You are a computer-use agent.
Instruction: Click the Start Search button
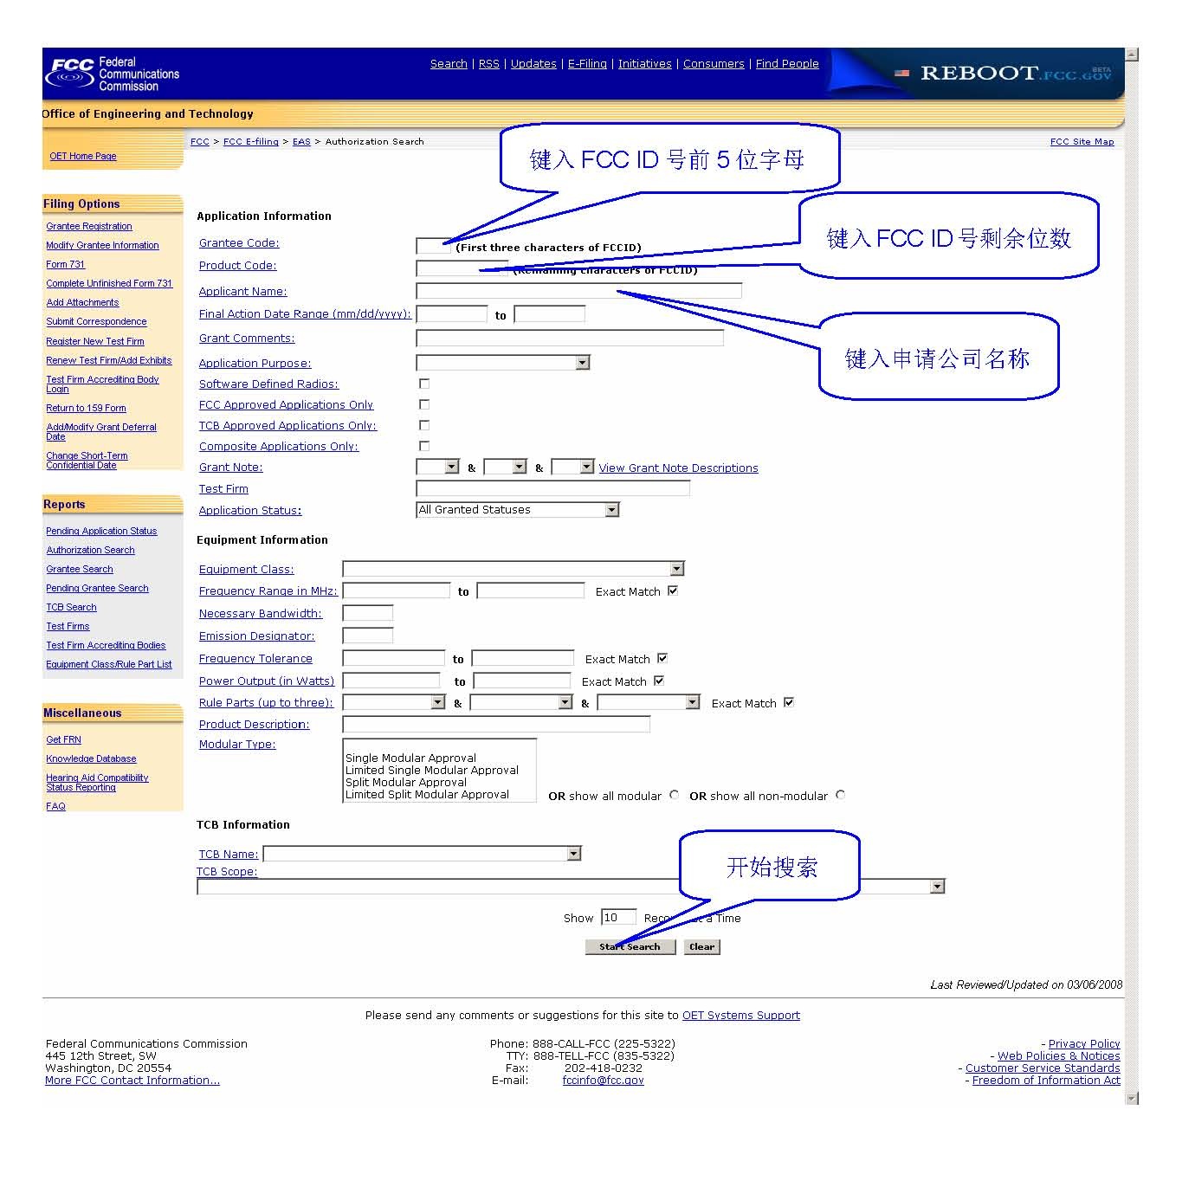630,947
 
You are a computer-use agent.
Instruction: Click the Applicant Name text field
578,291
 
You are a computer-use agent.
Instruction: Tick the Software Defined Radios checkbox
424,384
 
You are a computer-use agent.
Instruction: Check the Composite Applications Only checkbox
424,446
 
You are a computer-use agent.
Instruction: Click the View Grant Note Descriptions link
678,468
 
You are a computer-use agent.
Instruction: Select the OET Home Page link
83,157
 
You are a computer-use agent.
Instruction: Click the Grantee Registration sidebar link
89,226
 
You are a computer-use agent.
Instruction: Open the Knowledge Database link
91,758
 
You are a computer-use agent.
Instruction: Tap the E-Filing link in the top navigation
587,64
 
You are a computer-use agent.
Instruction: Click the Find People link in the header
786,64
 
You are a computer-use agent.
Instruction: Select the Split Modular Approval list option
406,782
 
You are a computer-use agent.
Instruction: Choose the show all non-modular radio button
840,795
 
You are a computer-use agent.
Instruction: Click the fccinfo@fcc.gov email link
603,1081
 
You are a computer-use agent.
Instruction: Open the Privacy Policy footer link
1084,1044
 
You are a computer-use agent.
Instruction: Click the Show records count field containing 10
618,918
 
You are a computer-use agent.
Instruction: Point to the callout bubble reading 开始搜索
770,867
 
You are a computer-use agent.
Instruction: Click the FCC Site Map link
1082,142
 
